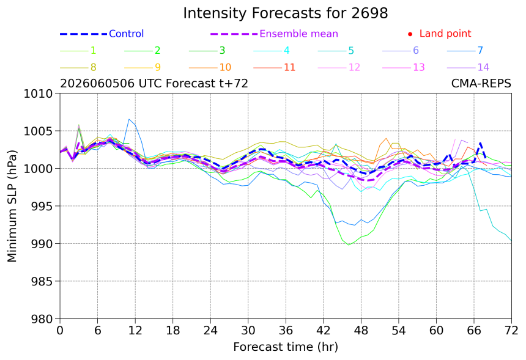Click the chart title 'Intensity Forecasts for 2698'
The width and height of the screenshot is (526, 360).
tap(286, 13)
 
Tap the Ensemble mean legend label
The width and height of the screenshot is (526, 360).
tap(298, 34)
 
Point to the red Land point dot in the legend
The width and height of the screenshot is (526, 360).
tap(410, 34)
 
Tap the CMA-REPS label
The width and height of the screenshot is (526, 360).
tap(481, 83)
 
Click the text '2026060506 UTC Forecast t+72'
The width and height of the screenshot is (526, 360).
tap(154, 83)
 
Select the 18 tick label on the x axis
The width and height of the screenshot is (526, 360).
tap(172, 331)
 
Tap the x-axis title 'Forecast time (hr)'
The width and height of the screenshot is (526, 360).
tap(286, 347)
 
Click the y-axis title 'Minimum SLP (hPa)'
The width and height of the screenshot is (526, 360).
tap(12, 206)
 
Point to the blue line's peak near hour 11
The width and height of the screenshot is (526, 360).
tap(129, 119)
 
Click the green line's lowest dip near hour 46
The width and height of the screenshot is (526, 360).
tap(349, 245)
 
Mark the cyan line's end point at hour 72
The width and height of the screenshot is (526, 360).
tap(511, 240)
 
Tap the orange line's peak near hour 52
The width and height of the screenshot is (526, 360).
tap(386, 138)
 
